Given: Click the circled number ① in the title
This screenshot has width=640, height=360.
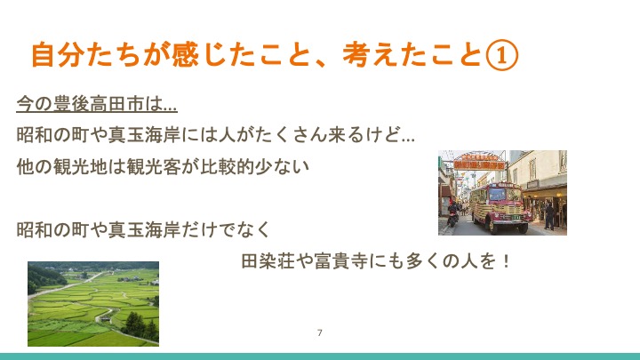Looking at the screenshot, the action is [502, 55].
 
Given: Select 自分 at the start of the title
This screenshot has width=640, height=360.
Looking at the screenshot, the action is [58, 55].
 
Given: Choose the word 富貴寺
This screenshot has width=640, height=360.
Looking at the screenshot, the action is [341, 260].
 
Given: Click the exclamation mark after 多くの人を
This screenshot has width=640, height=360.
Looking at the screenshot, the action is [507, 260].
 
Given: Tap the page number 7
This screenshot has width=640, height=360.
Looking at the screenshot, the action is [320, 332].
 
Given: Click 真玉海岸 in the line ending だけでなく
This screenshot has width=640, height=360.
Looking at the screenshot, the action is [145, 229].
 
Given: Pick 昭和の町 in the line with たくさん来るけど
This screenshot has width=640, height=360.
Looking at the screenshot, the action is [52, 135].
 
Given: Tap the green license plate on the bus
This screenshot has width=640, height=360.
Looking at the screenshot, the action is [516, 218].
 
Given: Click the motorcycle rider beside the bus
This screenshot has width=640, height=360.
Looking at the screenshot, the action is [452, 213].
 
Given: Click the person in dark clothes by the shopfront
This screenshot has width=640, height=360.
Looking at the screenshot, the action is [549, 216].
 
